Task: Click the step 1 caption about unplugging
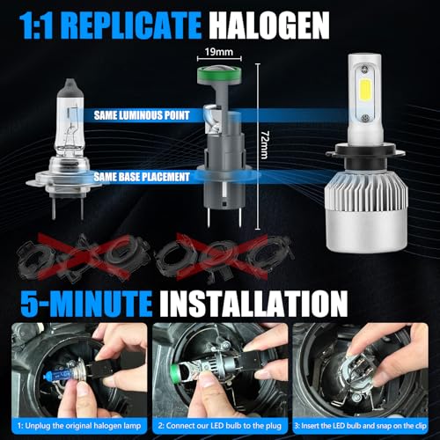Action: pyautogui.click(x=75, y=425)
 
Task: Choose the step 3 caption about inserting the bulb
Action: pyautogui.click(x=364, y=425)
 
